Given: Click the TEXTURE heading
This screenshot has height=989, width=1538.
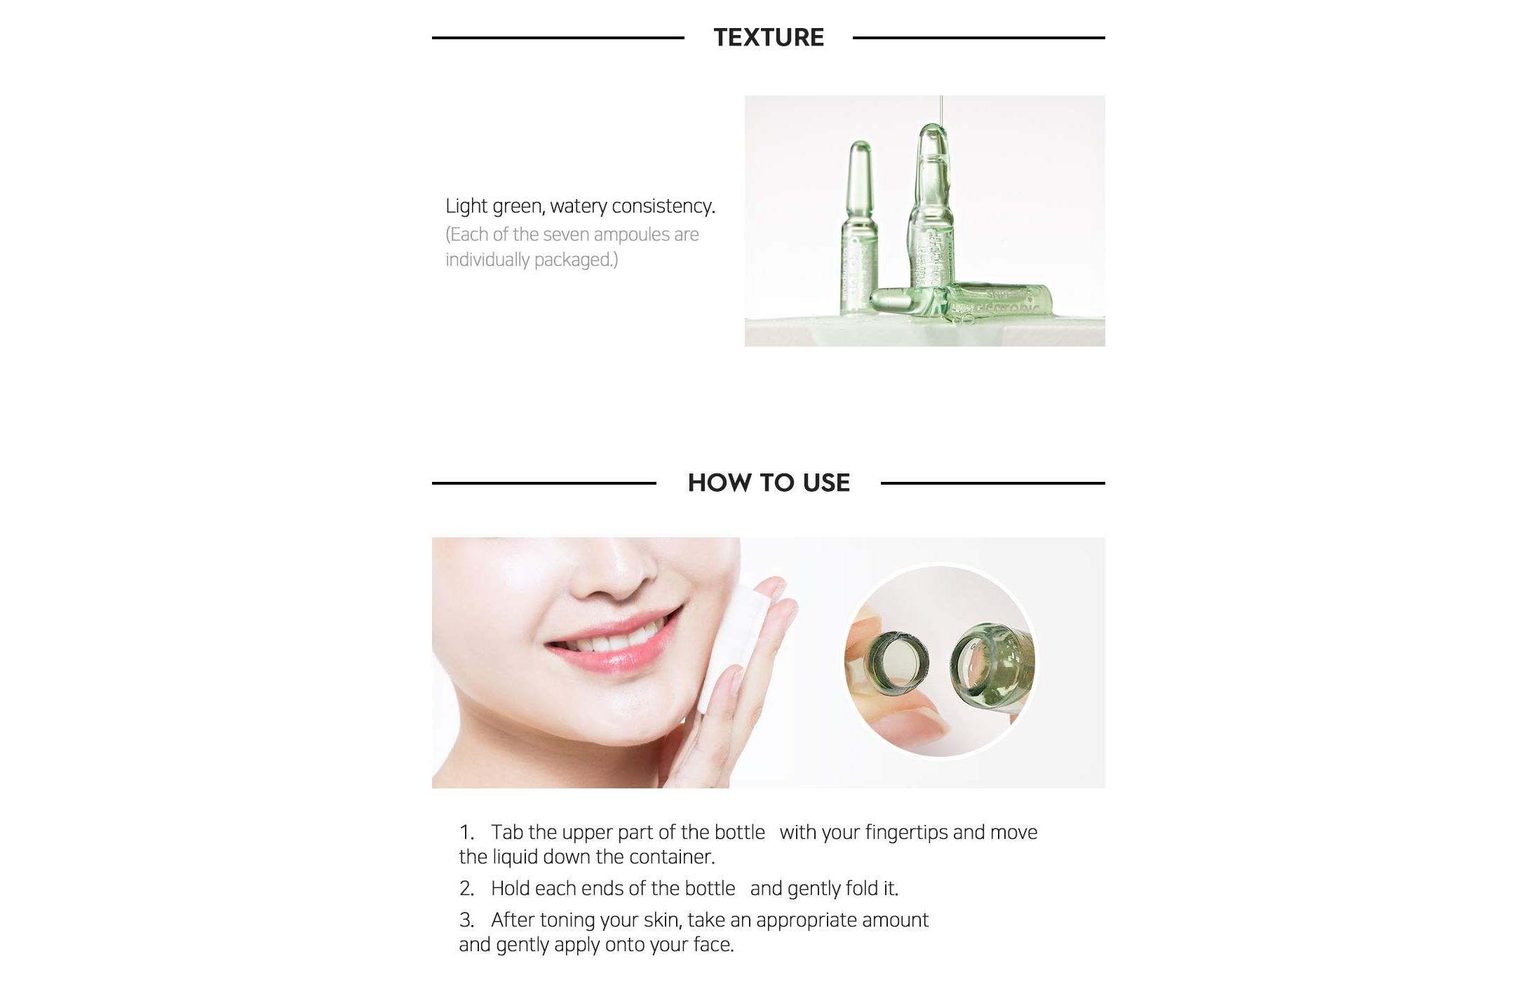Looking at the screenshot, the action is pyautogui.click(x=769, y=37).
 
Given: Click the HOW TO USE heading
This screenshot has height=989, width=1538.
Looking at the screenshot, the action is pyautogui.click(x=769, y=483).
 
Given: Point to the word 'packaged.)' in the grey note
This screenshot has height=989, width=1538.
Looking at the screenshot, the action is pyautogui.click(x=576, y=260).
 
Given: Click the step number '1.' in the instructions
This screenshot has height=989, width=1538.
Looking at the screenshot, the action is pyautogui.click(x=467, y=833).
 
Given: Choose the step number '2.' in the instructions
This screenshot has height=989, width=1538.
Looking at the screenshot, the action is pyautogui.click(x=467, y=889).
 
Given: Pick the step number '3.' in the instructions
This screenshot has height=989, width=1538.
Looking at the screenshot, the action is pyautogui.click(x=467, y=920).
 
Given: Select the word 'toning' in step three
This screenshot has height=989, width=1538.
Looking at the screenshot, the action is pyautogui.click(x=567, y=921).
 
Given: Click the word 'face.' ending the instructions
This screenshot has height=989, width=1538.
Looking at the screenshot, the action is pyautogui.click(x=713, y=945).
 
